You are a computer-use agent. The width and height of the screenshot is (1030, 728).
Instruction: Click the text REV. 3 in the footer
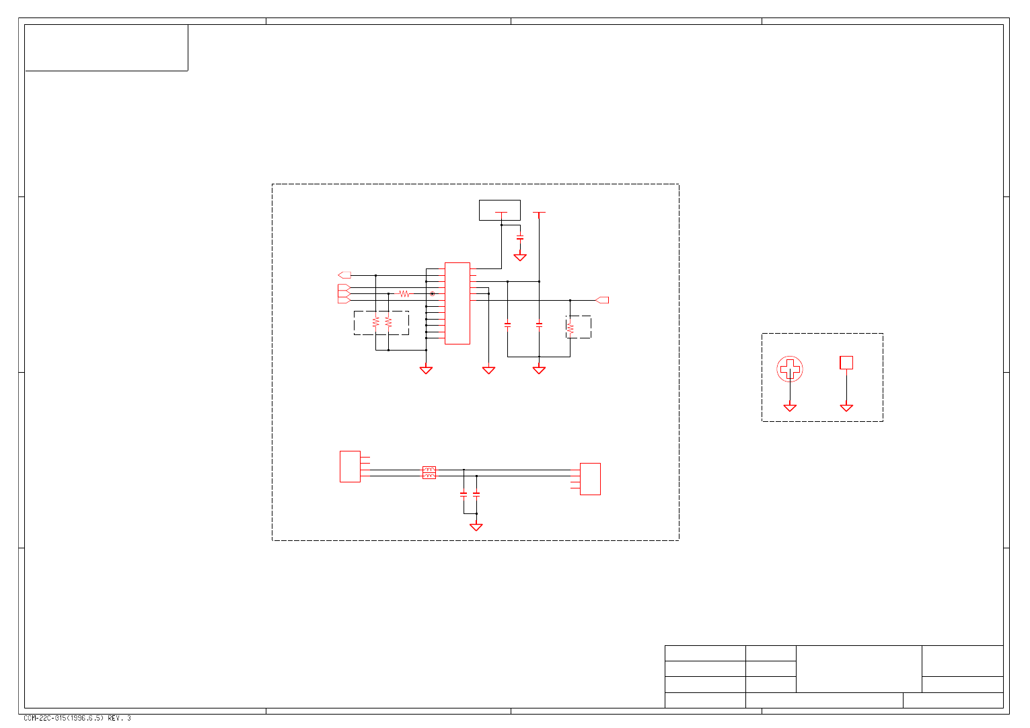coord(119,718)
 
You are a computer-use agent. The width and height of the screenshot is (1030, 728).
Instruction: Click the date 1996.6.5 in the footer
coord(85,718)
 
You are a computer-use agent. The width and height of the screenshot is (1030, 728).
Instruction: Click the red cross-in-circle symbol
coord(790,369)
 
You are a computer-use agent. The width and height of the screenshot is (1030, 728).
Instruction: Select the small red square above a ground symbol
coord(846,363)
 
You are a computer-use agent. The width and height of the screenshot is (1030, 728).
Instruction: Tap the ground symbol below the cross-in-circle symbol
coord(790,408)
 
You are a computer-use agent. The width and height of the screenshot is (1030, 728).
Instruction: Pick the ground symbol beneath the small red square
coord(846,408)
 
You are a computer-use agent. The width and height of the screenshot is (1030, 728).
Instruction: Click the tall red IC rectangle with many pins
coord(457,303)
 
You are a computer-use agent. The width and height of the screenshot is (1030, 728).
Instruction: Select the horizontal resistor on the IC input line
coord(404,294)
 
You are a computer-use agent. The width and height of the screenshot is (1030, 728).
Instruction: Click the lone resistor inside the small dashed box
coord(571,328)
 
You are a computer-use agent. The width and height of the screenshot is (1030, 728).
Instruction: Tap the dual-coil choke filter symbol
coord(429,472)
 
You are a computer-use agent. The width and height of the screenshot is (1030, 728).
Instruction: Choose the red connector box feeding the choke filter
coord(350,466)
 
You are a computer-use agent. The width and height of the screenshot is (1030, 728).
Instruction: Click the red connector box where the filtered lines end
coord(590,479)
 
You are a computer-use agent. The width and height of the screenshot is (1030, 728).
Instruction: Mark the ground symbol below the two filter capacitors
coord(476,527)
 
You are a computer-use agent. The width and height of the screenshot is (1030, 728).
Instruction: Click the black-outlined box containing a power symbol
coord(499,210)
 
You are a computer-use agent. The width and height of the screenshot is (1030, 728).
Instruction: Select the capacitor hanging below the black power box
coord(520,238)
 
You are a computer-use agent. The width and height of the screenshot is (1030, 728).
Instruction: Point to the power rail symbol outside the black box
coord(539,213)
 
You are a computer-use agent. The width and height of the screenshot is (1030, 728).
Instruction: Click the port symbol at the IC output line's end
coord(603,300)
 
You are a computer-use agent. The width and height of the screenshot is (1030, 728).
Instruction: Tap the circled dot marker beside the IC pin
coord(432,294)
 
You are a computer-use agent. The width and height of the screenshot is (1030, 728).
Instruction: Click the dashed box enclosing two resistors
coord(381,323)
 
